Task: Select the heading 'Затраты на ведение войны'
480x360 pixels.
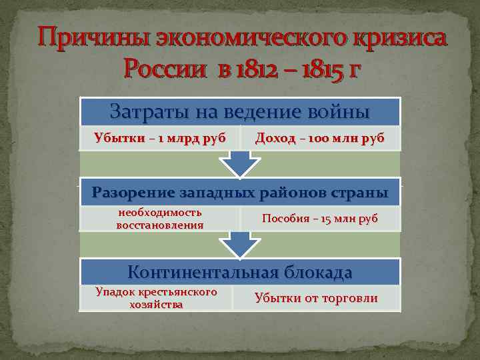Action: coord(239,111)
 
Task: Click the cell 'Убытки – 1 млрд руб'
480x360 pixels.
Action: coord(159,139)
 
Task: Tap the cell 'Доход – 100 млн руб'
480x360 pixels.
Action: coord(319,139)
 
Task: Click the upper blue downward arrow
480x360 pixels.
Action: coord(239,162)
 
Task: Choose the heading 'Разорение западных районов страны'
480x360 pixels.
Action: coord(239,193)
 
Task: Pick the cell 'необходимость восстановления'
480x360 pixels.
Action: coord(159,219)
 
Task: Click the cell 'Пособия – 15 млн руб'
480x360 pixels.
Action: coord(319,219)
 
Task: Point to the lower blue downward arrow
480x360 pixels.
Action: coord(239,244)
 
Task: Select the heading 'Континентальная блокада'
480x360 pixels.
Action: coord(239,272)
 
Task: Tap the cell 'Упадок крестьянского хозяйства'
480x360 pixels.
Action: coord(156,298)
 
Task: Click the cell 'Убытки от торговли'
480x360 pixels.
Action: coord(316,298)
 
